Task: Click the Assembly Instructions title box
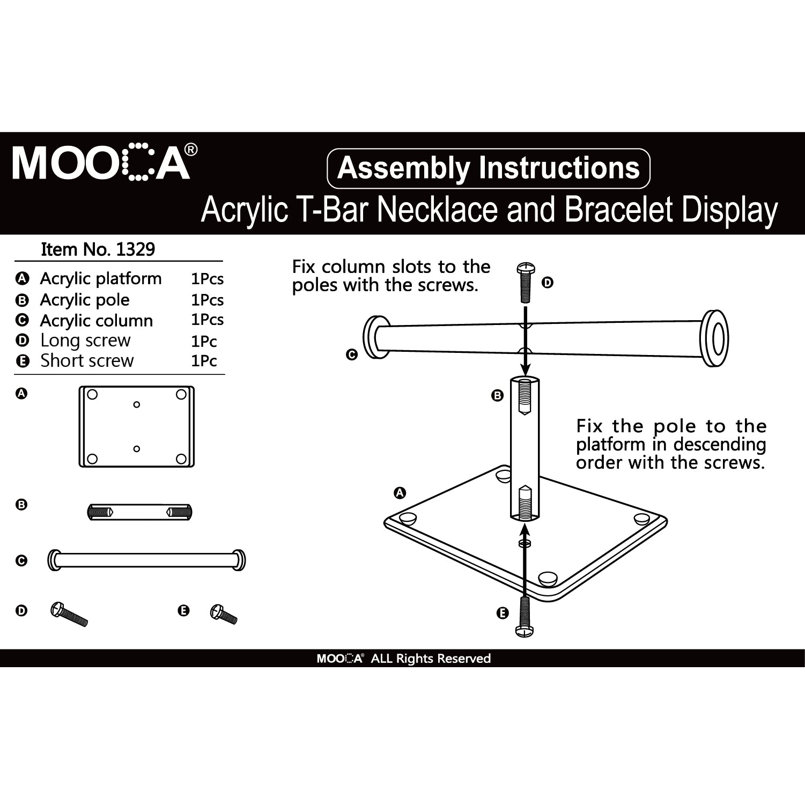pyautogui.click(x=488, y=168)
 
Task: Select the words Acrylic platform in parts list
pyautogui.click(x=101, y=279)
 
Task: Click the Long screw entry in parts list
pyautogui.click(x=85, y=341)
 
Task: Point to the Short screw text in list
pyautogui.click(x=87, y=361)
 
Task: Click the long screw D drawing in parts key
pyautogui.click(x=69, y=615)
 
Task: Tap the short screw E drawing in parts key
pyautogui.click(x=224, y=615)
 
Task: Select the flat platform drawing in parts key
pyautogui.click(x=136, y=426)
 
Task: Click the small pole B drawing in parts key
pyautogui.click(x=139, y=512)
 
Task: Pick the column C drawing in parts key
pyautogui.click(x=146, y=560)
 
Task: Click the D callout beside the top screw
pyautogui.click(x=547, y=283)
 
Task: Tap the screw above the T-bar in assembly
pyautogui.click(x=525, y=283)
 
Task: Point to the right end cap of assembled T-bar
pyautogui.click(x=715, y=338)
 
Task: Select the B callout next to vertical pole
pyautogui.click(x=497, y=396)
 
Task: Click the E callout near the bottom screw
pyautogui.click(x=503, y=613)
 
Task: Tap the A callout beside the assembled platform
pyautogui.click(x=400, y=492)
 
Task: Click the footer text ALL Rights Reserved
pyautogui.click(x=431, y=659)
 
